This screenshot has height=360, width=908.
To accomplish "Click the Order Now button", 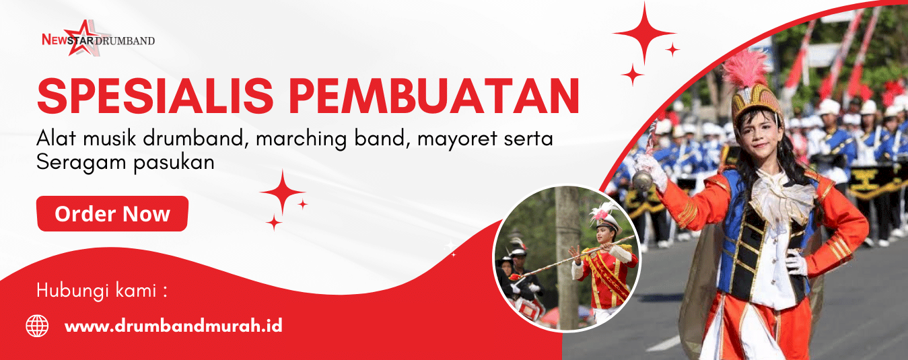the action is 112,214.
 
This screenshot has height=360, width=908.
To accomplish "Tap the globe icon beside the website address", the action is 37,326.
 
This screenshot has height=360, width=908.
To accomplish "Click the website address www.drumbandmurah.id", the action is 174,326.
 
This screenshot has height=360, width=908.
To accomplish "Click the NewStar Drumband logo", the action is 98,38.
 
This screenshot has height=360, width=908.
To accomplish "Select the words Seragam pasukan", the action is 125,163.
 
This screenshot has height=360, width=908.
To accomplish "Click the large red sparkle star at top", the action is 644,33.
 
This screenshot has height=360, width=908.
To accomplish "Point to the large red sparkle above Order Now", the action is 283,192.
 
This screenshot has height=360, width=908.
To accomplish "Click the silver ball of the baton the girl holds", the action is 643,180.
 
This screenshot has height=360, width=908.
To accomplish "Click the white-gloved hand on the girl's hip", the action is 796,262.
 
